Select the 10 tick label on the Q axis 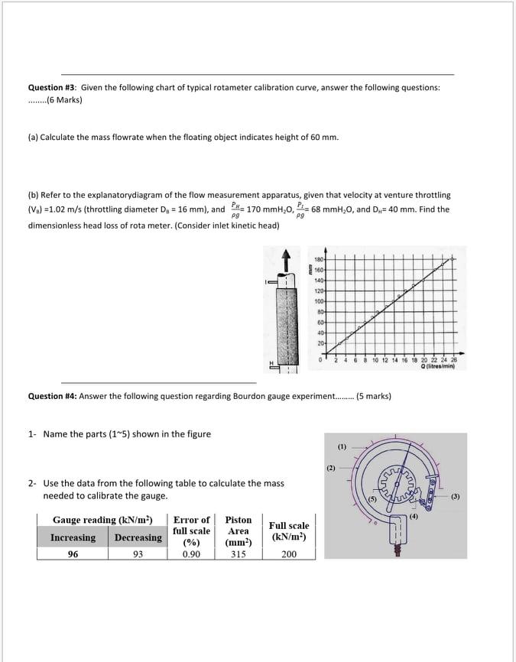click(x=376, y=360)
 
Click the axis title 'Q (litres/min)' click(x=438, y=366)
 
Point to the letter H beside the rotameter click(x=270, y=362)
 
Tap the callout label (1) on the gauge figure click(x=342, y=445)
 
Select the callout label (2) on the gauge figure click(x=331, y=466)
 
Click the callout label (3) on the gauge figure click(x=455, y=496)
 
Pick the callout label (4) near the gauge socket click(x=414, y=518)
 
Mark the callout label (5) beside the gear click(x=372, y=499)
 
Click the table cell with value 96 click(x=73, y=554)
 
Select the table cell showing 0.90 click(x=191, y=554)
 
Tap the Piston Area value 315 click(x=239, y=554)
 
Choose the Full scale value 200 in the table click(x=289, y=554)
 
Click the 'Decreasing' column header click(x=138, y=537)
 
